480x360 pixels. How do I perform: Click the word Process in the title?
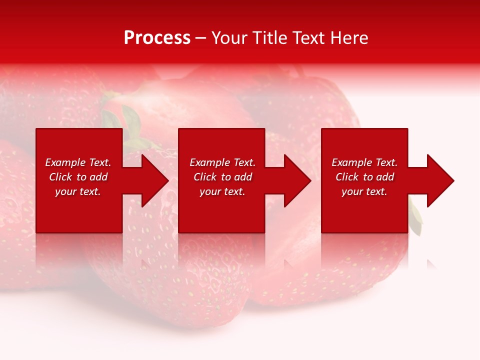tap(157, 38)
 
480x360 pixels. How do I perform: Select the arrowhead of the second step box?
tap(296, 180)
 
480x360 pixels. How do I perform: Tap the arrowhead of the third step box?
tap(439, 180)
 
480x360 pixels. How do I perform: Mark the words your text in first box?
tap(78, 191)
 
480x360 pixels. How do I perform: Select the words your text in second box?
tap(222, 191)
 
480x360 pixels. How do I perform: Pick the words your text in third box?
tap(364, 191)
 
